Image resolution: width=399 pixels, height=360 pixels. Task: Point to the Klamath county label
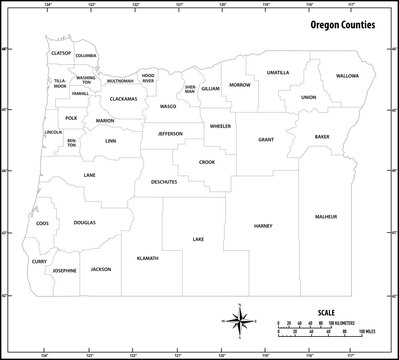pos(147,257)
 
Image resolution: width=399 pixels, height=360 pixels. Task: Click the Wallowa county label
pos(346,75)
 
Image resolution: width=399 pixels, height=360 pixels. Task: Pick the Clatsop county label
pos(61,52)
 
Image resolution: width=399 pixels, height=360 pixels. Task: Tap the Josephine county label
pos(64,270)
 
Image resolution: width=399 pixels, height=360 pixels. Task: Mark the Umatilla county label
pos(277,72)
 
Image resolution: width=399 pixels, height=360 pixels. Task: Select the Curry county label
pos(40,262)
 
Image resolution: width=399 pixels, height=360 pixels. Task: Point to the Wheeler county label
pos(220,126)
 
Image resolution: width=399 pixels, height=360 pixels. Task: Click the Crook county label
pos(207,161)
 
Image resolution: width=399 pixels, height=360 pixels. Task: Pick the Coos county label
pos(42,223)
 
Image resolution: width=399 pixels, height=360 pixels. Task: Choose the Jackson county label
pos(100,269)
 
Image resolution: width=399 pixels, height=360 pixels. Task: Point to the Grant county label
pos(265,140)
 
